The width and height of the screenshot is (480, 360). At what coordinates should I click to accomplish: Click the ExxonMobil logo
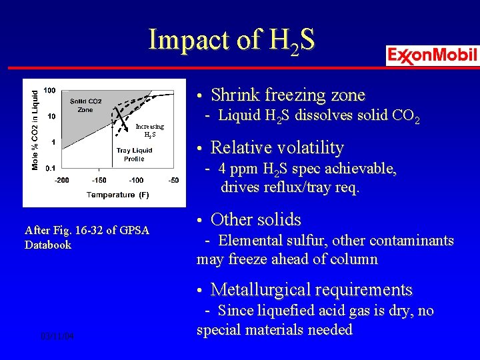pyautogui.click(x=432, y=55)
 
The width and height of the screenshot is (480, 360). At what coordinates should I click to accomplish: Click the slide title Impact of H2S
pyautogui.click(x=231, y=41)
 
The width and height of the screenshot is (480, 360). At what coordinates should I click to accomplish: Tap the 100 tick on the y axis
pyautogui.click(x=49, y=90)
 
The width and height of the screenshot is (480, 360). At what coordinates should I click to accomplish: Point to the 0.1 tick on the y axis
pyautogui.click(x=50, y=169)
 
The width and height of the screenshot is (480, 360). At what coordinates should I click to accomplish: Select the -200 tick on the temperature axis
pyautogui.click(x=61, y=180)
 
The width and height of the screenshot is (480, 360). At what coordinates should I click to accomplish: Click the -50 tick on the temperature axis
pyautogui.click(x=173, y=180)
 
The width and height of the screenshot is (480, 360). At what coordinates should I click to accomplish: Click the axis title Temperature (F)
pyautogui.click(x=117, y=195)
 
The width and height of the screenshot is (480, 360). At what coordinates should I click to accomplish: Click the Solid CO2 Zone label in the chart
pyautogui.click(x=86, y=105)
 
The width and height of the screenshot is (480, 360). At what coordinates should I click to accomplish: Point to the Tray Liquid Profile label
pyautogui.click(x=134, y=155)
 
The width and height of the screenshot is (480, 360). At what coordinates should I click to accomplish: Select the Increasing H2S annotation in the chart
pyautogui.click(x=149, y=129)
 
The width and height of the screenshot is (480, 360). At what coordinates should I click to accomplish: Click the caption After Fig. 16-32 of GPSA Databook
pyautogui.click(x=87, y=237)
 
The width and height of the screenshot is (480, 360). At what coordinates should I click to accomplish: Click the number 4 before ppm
pyautogui.click(x=222, y=169)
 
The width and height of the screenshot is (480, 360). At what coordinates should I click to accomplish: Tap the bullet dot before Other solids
pyautogui.click(x=201, y=220)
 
